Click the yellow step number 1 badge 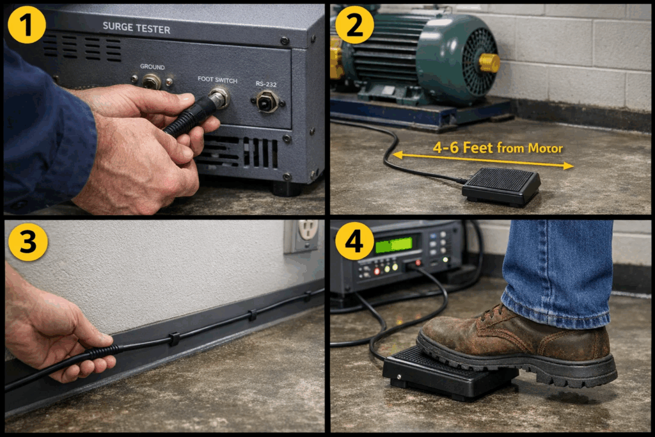27,24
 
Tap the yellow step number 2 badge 354,24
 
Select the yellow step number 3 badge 27,241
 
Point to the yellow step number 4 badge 354,241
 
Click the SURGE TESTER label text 136,28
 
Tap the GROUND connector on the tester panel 152,81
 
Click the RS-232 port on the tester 267,100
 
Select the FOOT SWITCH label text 217,81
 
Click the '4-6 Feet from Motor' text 498,148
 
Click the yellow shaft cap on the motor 489,63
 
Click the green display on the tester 393,244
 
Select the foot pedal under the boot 435,377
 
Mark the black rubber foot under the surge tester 286,189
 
